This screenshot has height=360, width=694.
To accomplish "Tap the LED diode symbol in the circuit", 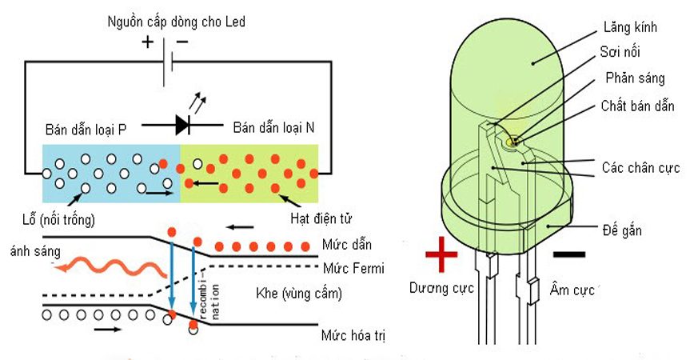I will click(x=182, y=124).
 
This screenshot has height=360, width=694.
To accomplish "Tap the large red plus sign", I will click(x=441, y=258).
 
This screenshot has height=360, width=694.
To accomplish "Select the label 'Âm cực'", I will click(x=572, y=289).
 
